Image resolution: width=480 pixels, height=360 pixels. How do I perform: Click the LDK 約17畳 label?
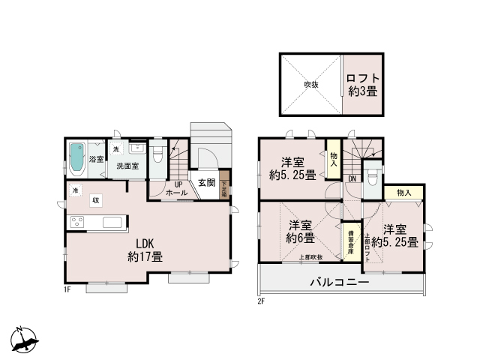coord(145,250)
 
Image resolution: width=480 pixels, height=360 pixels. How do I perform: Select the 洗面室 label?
coord(126,166)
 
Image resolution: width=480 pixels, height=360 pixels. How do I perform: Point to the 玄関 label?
coord(207,183)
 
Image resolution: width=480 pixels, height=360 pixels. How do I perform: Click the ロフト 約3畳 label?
coord(363,84)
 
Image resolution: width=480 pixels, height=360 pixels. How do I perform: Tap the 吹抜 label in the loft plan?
coord(311,84)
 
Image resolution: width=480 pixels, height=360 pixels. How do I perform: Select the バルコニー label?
coord(340,283)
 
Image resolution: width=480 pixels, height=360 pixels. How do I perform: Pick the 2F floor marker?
coord(262,301)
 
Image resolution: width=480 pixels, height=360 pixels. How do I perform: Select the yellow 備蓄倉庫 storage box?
coord(350,244)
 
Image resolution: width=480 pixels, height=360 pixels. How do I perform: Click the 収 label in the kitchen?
coord(96,199)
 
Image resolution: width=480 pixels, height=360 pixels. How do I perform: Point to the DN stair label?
coord(352,178)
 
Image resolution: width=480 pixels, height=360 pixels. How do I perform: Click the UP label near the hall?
coord(178,184)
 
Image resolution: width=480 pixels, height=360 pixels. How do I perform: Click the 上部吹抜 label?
coord(310,258)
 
